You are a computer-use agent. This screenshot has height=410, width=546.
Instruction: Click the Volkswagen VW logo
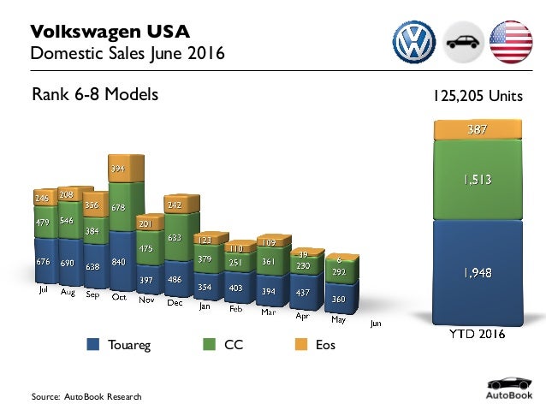(x=414, y=40)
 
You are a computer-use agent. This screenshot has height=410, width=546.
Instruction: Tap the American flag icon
(x=510, y=40)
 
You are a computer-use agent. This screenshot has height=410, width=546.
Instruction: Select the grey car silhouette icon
(x=462, y=40)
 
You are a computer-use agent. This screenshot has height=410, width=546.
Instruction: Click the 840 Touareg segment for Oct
(x=120, y=262)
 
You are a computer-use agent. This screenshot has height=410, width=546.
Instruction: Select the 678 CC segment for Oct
(x=120, y=207)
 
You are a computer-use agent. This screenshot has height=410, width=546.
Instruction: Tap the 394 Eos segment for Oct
(x=120, y=169)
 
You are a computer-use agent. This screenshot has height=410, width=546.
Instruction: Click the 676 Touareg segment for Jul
(x=43, y=260)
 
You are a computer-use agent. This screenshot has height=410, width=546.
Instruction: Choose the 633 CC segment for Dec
(x=174, y=238)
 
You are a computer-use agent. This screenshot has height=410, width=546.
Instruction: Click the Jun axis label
(x=375, y=324)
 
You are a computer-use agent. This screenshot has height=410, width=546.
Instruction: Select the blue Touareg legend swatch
(x=94, y=345)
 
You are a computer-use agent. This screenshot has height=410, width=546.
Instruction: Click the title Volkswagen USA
(x=110, y=33)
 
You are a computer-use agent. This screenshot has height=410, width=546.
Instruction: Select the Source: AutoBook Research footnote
(x=86, y=397)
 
